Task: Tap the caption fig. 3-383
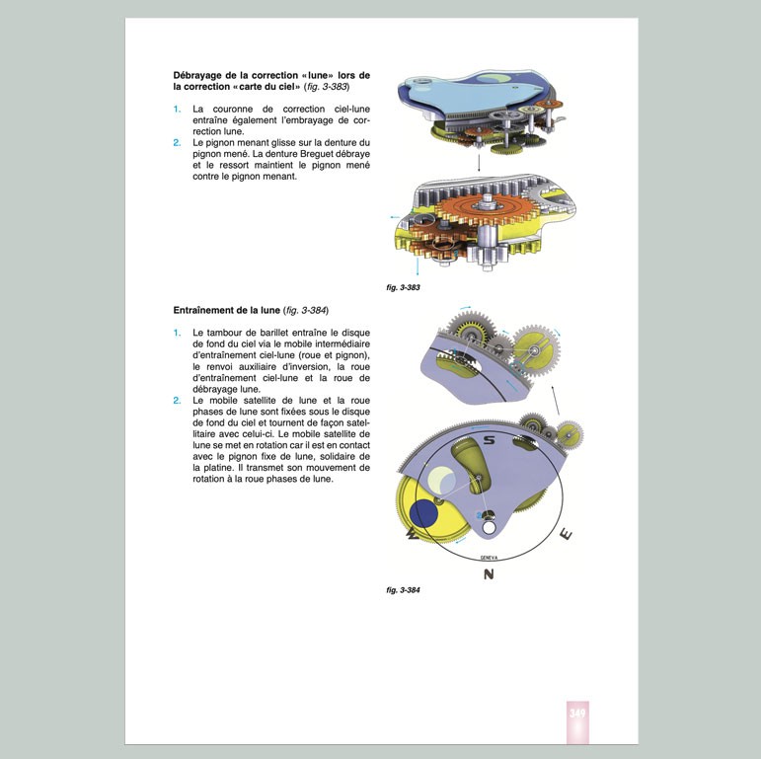(405, 287)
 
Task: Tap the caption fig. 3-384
(405, 590)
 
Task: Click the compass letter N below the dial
(488, 574)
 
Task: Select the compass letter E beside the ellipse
(565, 534)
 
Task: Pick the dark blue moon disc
(424, 513)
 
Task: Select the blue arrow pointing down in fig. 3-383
(417, 267)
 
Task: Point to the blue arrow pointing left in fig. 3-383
(396, 215)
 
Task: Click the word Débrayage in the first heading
(202, 76)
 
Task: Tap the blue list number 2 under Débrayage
(177, 142)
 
